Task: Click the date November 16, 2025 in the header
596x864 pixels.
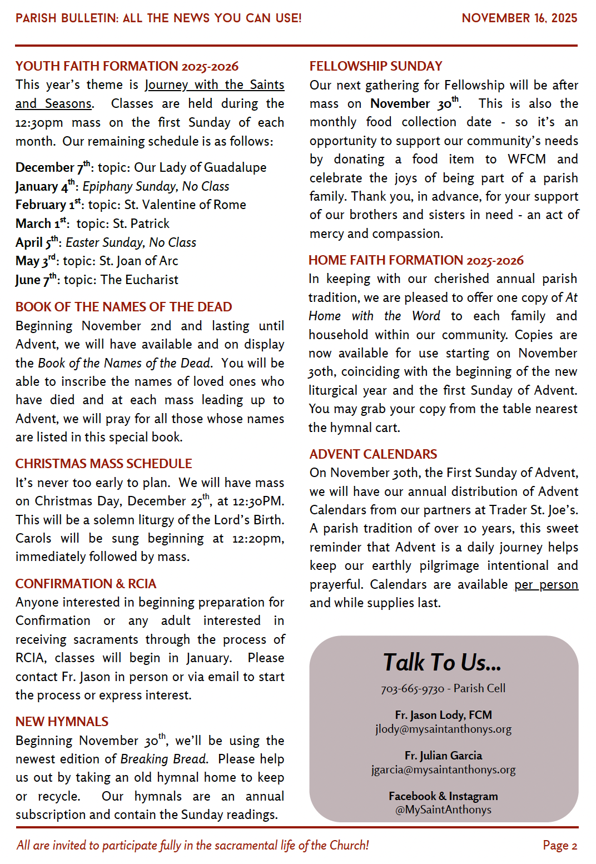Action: pyautogui.click(x=519, y=18)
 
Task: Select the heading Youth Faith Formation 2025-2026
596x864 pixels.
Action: pyautogui.click(x=127, y=66)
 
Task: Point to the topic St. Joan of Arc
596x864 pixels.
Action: pyautogui.click(x=138, y=261)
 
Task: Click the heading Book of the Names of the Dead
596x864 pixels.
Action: pyautogui.click(x=123, y=307)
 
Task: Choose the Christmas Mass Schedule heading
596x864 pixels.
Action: pyautogui.click(x=103, y=464)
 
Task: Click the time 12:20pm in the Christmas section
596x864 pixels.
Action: pyautogui.click(x=257, y=539)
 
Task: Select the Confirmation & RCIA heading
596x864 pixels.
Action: pyautogui.click(x=86, y=584)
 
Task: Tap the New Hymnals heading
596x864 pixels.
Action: pyautogui.click(x=62, y=722)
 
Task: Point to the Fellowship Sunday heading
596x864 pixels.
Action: pyautogui.click(x=375, y=66)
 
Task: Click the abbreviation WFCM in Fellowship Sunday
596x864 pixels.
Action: pyautogui.click(x=527, y=160)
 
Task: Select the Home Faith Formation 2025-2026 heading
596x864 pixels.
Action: pyautogui.click(x=416, y=260)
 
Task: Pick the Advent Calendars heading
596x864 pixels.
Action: pyautogui.click(x=373, y=454)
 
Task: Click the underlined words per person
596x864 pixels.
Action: pyautogui.click(x=546, y=585)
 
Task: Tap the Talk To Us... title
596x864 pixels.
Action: pyautogui.click(x=442, y=662)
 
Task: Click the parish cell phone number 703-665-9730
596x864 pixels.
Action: pyautogui.click(x=412, y=689)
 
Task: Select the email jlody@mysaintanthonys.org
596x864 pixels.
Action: pyautogui.click(x=443, y=729)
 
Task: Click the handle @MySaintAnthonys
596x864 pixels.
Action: pyautogui.click(x=443, y=810)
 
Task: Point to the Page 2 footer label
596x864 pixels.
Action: pyautogui.click(x=560, y=846)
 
